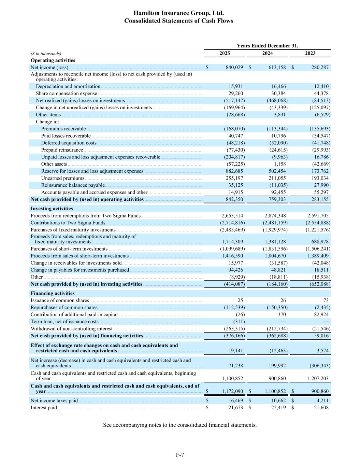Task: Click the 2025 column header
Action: [225, 53]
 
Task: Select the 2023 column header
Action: [310, 53]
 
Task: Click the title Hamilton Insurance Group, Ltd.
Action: [178, 13]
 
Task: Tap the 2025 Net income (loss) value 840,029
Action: [234, 68]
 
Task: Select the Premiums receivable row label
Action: [63, 129]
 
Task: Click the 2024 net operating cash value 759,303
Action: [277, 199]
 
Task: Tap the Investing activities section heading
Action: [52, 209]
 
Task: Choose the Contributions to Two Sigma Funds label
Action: [68, 223]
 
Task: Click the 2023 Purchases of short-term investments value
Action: [318, 249]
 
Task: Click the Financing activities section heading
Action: [53, 293]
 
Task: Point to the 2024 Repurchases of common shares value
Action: [277, 308]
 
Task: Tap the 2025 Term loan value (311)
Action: [239, 322]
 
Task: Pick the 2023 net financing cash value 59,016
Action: [321, 336]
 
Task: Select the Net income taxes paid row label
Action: [54, 401]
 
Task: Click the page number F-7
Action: [180, 455]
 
